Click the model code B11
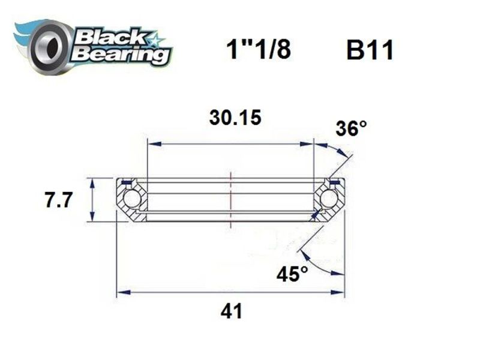point(369,51)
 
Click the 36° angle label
point(350,128)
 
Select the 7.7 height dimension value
point(58,200)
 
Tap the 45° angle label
point(293,274)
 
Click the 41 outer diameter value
point(231,311)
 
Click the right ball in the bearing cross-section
point(329,199)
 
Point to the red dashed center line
point(230,198)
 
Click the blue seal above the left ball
point(126,182)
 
